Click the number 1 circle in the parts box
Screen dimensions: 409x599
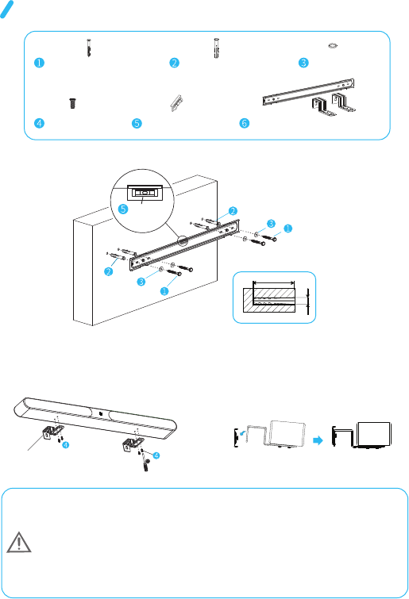click(x=39, y=63)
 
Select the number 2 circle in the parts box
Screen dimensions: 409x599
click(x=174, y=63)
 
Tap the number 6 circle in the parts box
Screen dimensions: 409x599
click(x=245, y=123)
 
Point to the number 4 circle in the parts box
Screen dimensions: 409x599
click(x=39, y=123)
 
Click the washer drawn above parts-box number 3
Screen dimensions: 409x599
click(x=333, y=45)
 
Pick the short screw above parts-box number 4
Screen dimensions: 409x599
click(x=72, y=103)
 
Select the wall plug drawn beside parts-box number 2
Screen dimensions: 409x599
click(x=216, y=48)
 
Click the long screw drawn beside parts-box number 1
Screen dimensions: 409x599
click(x=89, y=48)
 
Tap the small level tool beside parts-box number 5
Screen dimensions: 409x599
click(x=176, y=103)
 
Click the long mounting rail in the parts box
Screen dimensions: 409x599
click(x=308, y=92)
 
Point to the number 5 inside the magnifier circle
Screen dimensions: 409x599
click(x=123, y=209)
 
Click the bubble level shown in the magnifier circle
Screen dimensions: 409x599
click(x=144, y=193)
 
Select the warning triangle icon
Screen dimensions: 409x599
click(x=19, y=542)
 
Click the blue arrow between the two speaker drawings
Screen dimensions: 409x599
click(x=318, y=440)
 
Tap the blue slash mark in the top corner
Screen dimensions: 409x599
click(x=7, y=10)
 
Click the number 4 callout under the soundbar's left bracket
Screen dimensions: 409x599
click(x=66, y=445)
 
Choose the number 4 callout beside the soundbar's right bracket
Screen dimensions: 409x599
click(x=156, y=455)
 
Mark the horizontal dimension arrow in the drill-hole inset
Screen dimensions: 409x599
click(x=274, y=283)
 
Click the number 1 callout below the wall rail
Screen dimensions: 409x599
click(x=164, y=291)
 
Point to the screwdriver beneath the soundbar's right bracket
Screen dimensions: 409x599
click(x=145, y=464)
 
